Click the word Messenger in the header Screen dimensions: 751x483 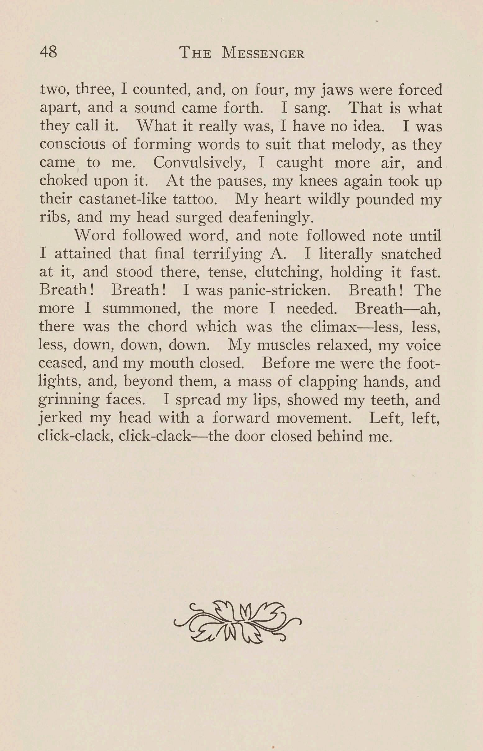pos(263,53)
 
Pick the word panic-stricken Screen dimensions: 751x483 pos(280,291)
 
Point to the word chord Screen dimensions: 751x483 pos(167,327)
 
